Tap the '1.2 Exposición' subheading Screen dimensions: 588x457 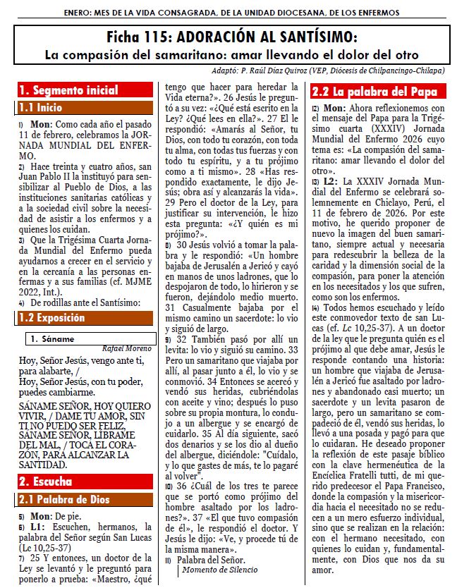click(x=52, y=317)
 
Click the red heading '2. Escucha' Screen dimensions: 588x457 click(x=46, y=482)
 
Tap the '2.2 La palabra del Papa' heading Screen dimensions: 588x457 click(x=375, y=92)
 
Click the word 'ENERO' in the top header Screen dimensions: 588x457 click(x=79, y=12)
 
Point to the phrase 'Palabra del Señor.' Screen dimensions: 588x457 click(x=209, y=559)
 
